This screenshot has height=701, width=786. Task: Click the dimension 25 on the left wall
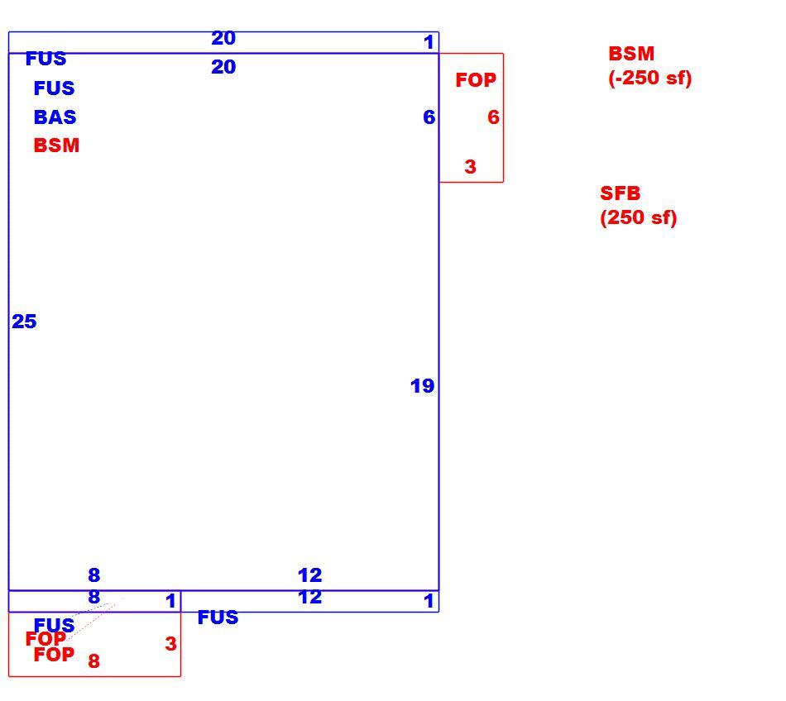pos(24,322)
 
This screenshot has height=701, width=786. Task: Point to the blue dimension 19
pos(422,386)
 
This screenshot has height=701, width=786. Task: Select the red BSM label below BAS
pos(56,145)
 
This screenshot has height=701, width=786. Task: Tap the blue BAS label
pos(55,117)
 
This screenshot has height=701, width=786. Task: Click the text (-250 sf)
pos(649,78)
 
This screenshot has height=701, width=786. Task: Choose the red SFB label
pos(620,193)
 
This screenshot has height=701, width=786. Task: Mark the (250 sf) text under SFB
pos(639,217)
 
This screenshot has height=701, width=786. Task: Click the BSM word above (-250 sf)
pos(631,54)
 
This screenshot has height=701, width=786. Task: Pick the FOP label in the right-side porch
pos(476,80)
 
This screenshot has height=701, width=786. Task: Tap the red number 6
pos(493,117)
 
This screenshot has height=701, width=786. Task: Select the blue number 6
pos(429,117)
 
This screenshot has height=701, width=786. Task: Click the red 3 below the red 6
pos(470,167)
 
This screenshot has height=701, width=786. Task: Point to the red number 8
pos(93,661)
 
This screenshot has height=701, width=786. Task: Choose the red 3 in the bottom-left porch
pos(170,644)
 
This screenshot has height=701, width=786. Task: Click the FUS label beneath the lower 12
pos(218,618)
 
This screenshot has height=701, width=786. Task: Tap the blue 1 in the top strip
pos(428,42)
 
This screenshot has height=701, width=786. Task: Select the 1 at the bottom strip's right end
pos(428,601)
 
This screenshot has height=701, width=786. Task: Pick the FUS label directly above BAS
pos(54,88)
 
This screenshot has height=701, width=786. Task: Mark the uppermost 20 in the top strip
pos(223,38)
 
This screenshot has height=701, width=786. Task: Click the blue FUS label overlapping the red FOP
pos(54,625)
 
